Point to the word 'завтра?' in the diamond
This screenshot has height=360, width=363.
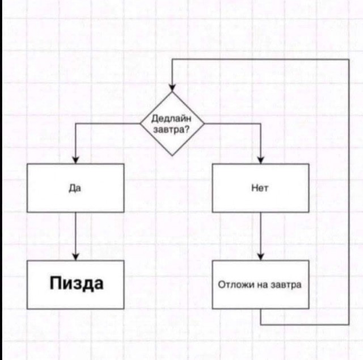click(x=172, y=129)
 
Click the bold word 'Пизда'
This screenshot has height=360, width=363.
click(x=76, y=283)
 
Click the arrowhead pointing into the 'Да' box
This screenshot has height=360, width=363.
click(x=75, y=159)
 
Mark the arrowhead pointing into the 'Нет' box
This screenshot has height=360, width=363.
click(x=260, y=159)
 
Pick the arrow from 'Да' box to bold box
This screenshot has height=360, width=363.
click(x=75, y=235)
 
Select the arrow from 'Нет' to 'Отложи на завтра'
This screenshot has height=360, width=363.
click(x=260, y=235)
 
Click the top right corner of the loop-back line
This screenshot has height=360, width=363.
click(x=348, y=60)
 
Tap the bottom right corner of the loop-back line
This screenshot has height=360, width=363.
click(x=348, y=324)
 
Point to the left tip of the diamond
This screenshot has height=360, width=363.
click(x=141, y=123)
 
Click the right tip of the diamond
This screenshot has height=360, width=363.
click(x=204, y=123)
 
